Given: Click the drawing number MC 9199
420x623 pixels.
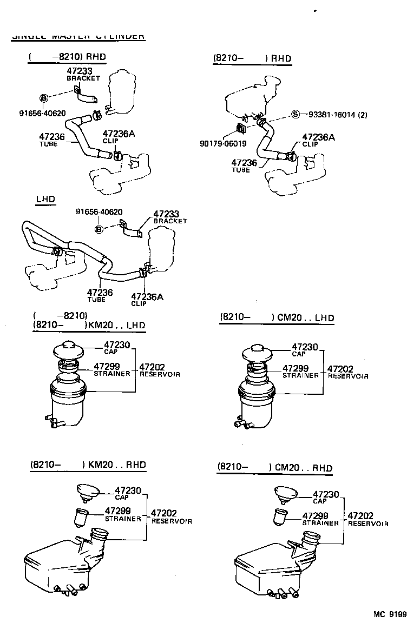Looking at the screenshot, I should pyautogui.click(x=390, y=614).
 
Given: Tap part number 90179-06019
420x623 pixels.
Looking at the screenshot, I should pyautogui.click(x=224, y=144).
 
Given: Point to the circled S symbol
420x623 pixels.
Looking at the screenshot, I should pyautogui.click(x=295, y=115).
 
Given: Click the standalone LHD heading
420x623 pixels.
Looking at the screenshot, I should pyautogui.click(x=45, y=199).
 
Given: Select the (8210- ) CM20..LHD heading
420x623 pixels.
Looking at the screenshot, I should pyautogui.click(x=277, y=318).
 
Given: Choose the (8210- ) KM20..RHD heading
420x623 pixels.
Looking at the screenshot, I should pyautogui.click(x=88, y=465).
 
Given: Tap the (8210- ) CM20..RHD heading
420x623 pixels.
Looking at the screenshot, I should pyautogui.click(x=275, y=467).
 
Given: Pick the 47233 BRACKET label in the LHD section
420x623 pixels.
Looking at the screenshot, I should pyautogui.click(x=169, y=217).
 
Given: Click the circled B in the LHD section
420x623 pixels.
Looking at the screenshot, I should pyautogui.click(x=99, y=229).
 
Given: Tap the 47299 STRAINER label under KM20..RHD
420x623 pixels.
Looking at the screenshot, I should pyautogui.click(x=122, y=514).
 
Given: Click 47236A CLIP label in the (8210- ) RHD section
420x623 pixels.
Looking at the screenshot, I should pyautogui.click(x=318, y=140).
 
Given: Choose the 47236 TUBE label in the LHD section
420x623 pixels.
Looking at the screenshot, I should pyautogui.click(x=100, y=295).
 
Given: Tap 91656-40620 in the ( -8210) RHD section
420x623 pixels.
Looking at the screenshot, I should pyautogui.click(x=42, y=113).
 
